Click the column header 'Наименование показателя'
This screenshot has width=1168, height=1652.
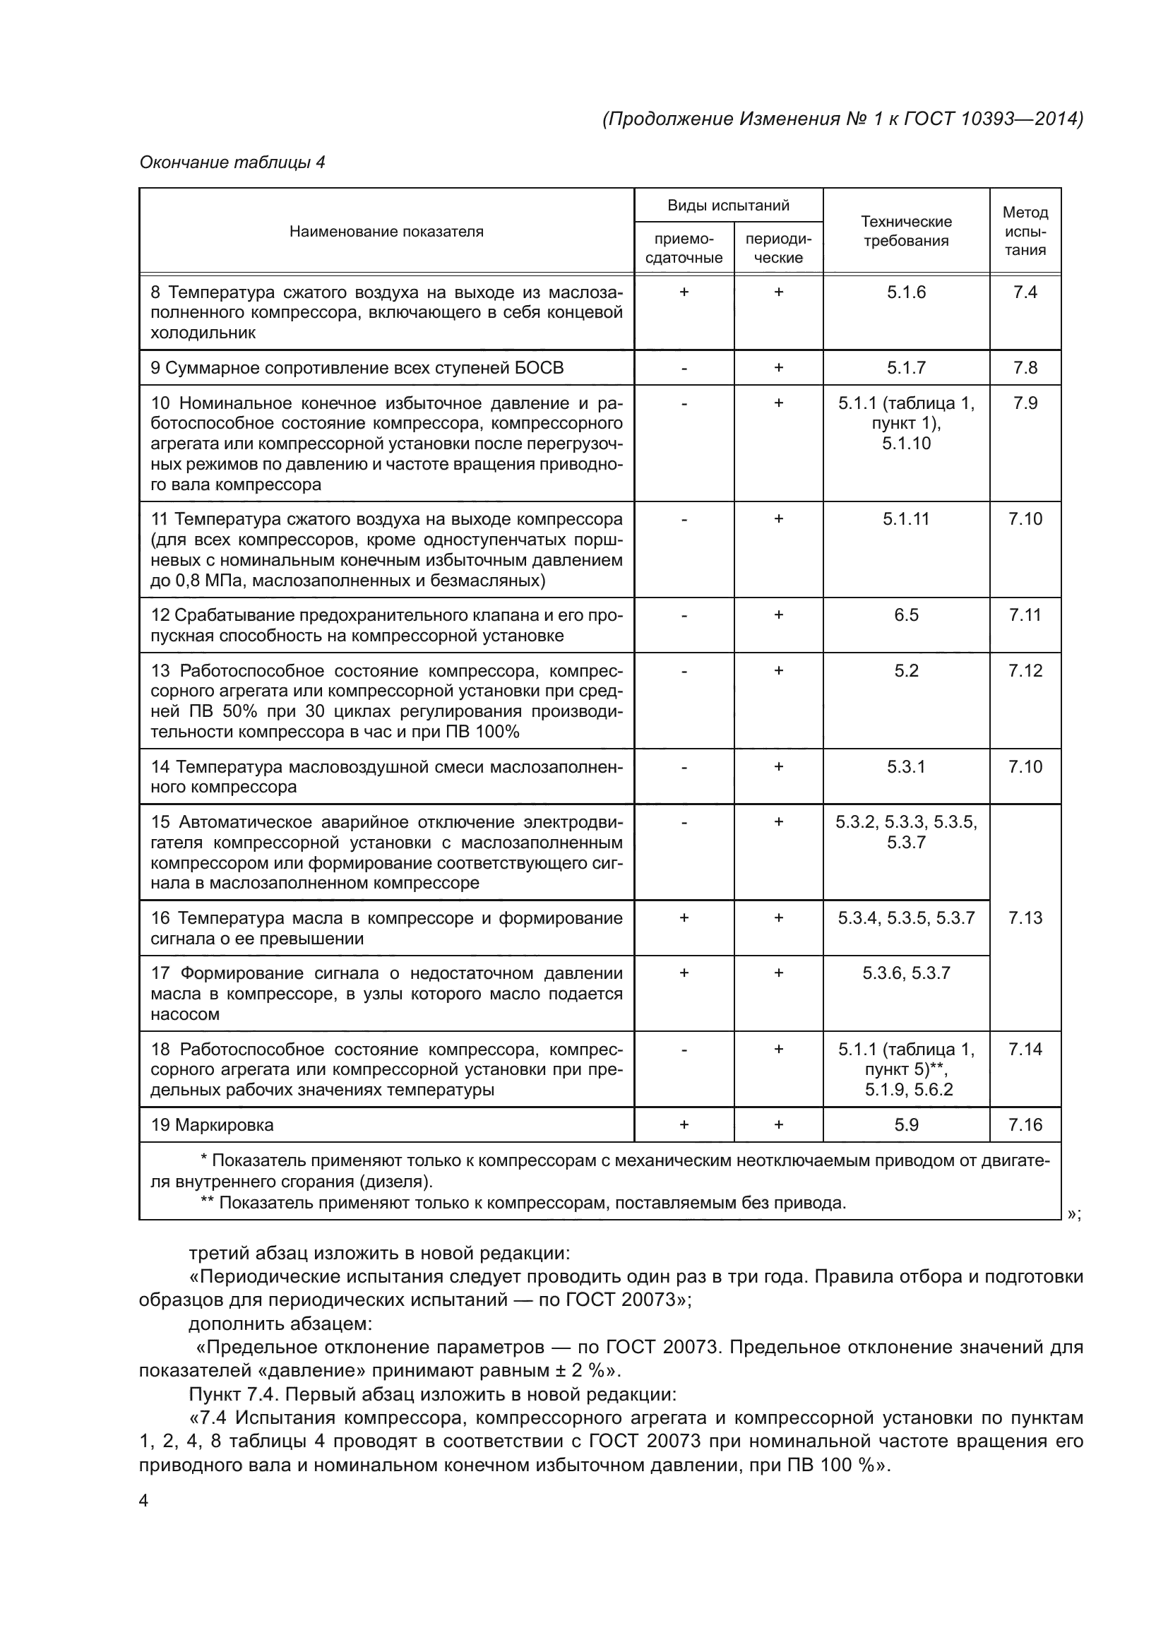pyautogui.click(x=386, y=232)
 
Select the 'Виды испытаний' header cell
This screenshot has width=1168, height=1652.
pyautogui.click(x=728, y=206)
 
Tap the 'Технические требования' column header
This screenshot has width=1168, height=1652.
pyautogui.click(x=905, y=231)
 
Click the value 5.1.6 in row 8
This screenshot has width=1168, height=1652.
pyautogui.click(x=905, y=292)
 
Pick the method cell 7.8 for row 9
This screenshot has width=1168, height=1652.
pyautogui.click(x=1025, y=368)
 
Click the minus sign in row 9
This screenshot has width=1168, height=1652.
pyautogui.click(x=684, y=369)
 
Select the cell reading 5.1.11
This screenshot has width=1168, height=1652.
pyautogui.click(x=905, y=519)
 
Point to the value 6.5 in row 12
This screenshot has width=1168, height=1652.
pyautogui.click(x=905, y=615)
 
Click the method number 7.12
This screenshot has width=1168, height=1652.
pyautogui.click(x=1025, y=670)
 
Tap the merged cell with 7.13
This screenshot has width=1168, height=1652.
pyautogui.click(x=1025, y=917)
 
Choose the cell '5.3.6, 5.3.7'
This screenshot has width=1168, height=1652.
pyautogui.click(x=905, y=973)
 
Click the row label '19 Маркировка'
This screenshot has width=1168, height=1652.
pyautogui.click(x=212, y=1124)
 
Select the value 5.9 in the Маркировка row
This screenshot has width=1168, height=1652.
pyautogui.click(x=905, y=1124)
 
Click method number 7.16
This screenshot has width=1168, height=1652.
pyautogui.click(x=1025, y=1124)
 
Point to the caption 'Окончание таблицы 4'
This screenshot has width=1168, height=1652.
pyautogui.click(x=232, y=162)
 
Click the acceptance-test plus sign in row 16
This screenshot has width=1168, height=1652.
pyautogui.click(x=684, y=918)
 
